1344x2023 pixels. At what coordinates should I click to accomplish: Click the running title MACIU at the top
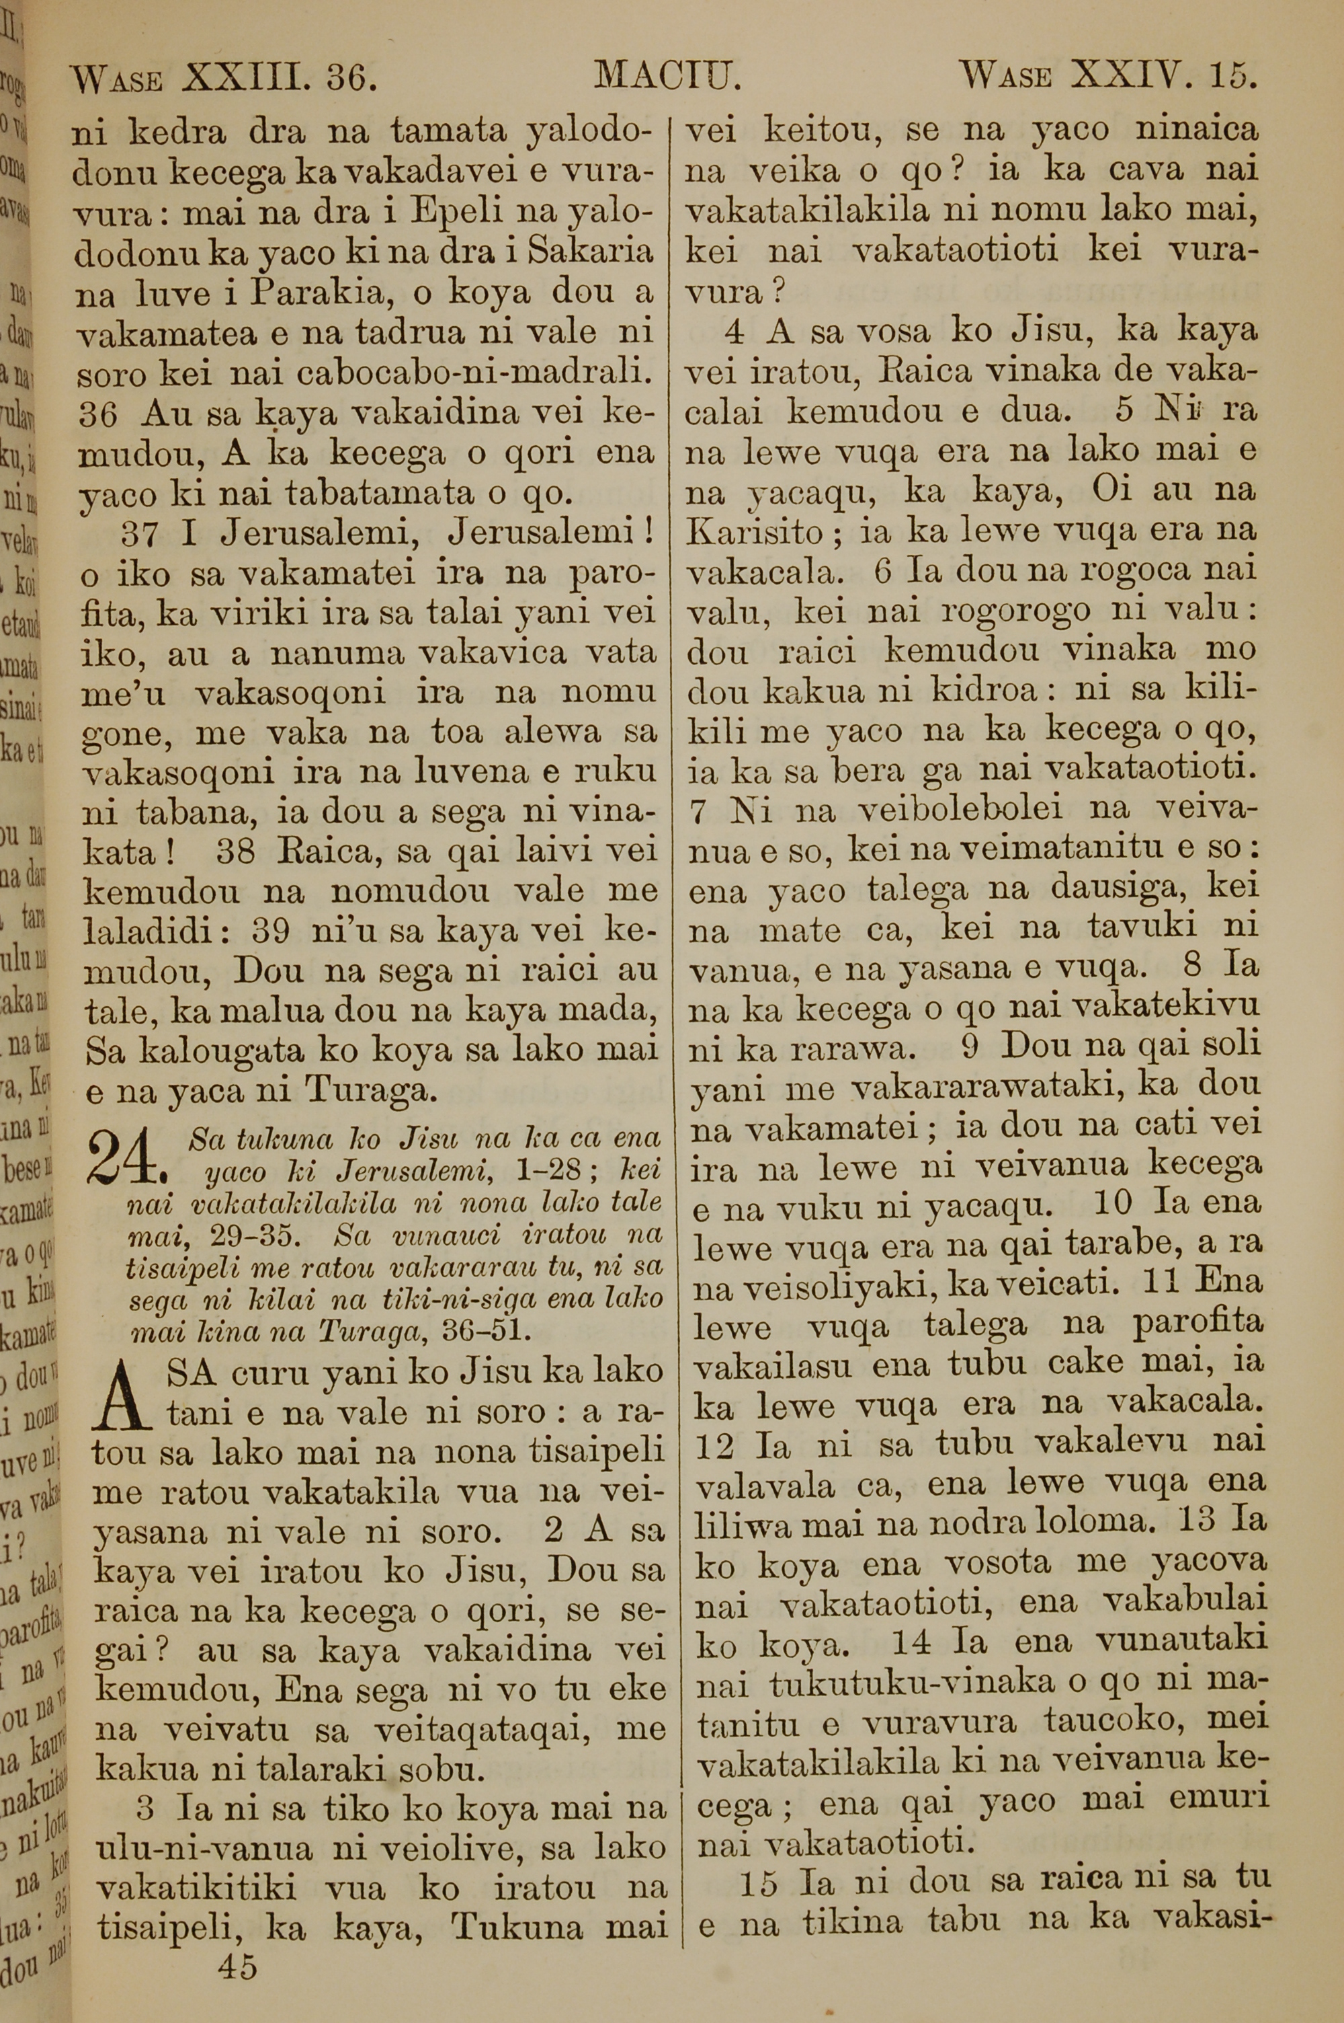(667, 78)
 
